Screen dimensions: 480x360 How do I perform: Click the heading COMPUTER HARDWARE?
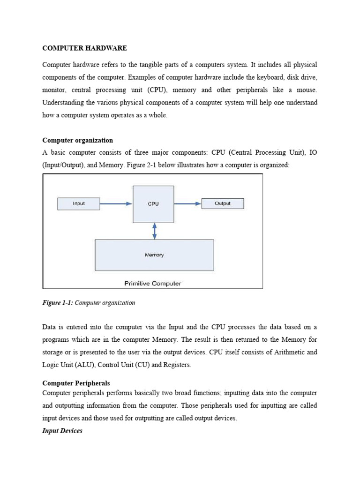point(84,48)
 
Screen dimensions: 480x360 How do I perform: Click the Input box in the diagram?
point(79,203)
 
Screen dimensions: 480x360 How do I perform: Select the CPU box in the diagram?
point(153,204)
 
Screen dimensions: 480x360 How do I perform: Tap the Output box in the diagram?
point(222,203)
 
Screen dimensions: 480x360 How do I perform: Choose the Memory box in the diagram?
point(154,255)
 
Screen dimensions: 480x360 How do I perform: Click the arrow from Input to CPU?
point(116,204)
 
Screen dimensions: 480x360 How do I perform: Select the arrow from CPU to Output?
point(187,204)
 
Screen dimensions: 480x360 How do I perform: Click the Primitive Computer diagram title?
point(152,283)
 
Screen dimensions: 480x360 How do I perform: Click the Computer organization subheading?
point(77,140)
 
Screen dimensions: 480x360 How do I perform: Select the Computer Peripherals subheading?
point(76,383)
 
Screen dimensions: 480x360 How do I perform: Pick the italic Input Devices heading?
point(62,431)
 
